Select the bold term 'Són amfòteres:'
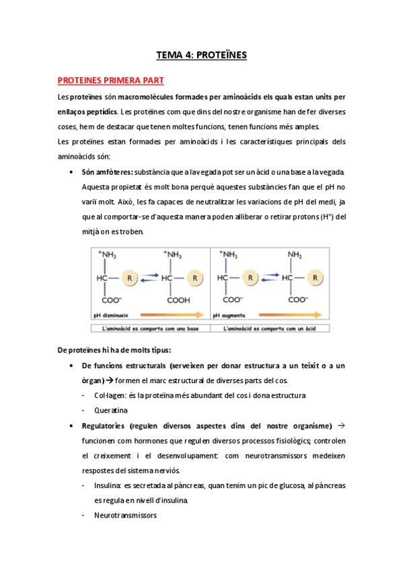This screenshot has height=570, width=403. (107, 171)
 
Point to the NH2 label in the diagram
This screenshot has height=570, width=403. (294, 255)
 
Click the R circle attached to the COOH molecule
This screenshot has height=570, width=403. (194, 276)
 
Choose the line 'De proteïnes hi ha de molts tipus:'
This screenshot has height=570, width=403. (114, 350)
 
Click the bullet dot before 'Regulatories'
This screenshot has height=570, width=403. (71, 425)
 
